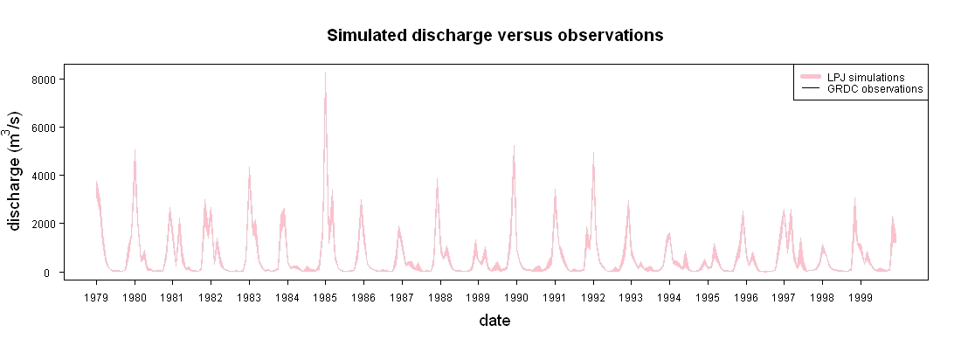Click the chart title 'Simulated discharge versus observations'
[494, 36]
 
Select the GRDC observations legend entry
[861, 89]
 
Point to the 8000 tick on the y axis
[47, 80]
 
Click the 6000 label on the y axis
[47, 128]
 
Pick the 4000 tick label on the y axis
[47, 176]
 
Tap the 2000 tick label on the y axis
[47, 224]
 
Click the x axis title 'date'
[494, 321]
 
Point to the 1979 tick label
[96, 298]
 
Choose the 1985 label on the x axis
[326, 298]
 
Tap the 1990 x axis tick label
[516, 298]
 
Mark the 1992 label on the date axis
[593, 298]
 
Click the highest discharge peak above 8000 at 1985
[326, 73]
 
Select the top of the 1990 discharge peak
[515, 145]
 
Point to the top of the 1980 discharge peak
[135, 149]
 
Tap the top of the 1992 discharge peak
[593, 152]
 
